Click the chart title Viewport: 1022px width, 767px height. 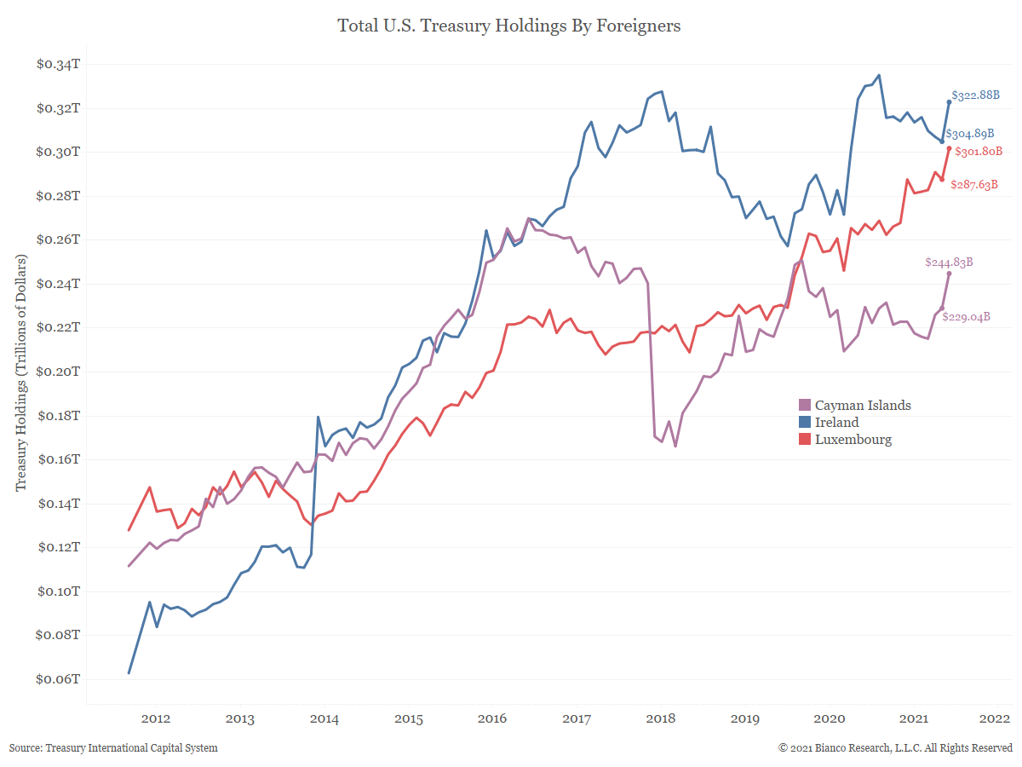pos(509,26)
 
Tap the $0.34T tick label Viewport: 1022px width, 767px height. pos(58,64)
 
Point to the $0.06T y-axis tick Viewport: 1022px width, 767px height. pos(58,679)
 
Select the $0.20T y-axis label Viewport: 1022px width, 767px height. pos(58,372)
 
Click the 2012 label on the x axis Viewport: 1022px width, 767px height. pos(156,718)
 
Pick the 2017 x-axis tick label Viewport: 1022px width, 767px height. pos(577,718)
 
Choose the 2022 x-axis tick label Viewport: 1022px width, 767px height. pos(996,718)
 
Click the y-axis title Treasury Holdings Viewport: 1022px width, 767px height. pos(22,372)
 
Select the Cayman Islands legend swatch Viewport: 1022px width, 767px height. pos(804,406)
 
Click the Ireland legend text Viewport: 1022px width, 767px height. pos(836,423)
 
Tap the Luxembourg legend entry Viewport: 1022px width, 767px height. pos(853,440)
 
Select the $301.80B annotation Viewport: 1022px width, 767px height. pos(979,153)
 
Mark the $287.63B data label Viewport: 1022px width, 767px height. pos(974,184)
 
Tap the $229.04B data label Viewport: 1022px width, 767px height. pos(966,317)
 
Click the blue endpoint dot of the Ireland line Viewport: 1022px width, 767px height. pos(949,102)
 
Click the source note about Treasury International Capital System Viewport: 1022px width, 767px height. pos(113,748)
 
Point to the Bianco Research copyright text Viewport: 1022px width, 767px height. pos(895,748)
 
